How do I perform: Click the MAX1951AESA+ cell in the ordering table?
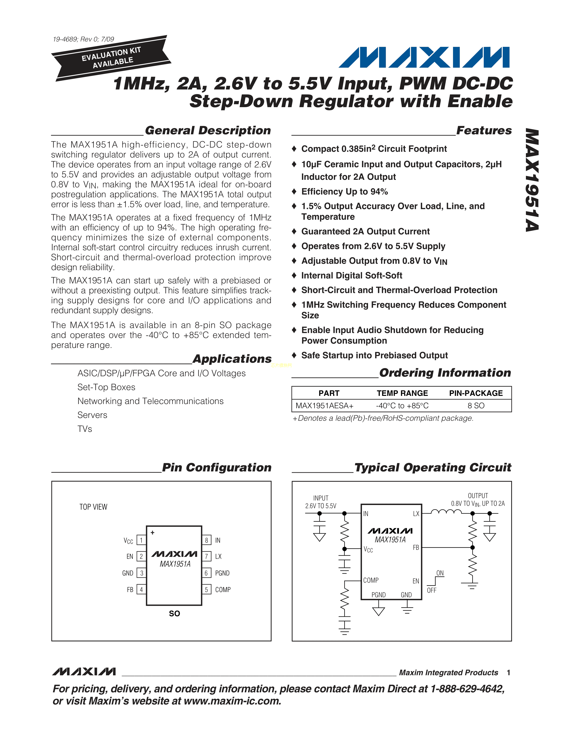point(325,406)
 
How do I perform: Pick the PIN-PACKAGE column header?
point(476,393)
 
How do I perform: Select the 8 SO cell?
point(476,406)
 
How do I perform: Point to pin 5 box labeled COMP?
point(206,589)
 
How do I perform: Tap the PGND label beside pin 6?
point(222,573)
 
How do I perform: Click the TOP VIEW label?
point(93,507)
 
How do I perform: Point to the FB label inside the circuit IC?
point(416,547)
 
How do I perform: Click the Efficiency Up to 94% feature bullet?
point(345,192)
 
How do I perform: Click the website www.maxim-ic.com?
point(232,701)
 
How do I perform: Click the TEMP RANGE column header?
point(402,393)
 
